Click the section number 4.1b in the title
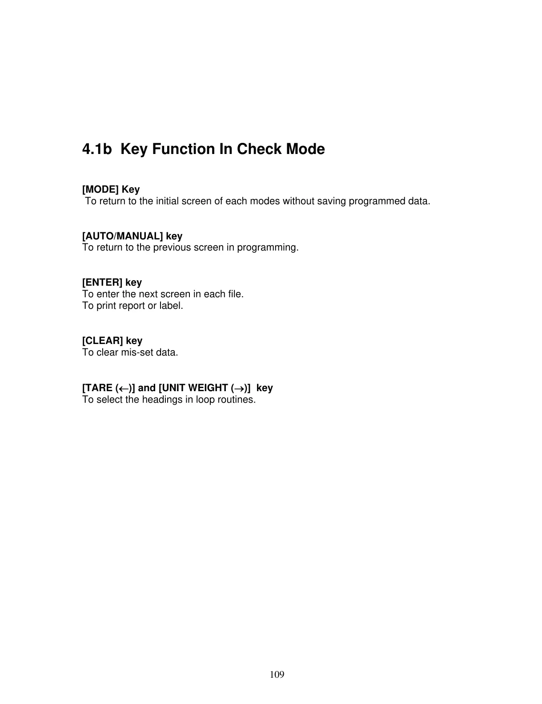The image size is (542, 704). coord(97,149)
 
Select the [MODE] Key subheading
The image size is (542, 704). coord(111,190)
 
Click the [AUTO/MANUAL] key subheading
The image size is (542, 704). coord(132,236)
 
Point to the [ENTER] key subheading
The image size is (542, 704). coord(112,283)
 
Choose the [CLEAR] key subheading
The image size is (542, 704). coord(112,341)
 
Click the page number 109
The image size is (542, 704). coord(277,675)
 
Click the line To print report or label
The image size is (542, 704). coord(132,306)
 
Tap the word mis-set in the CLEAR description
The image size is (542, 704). coord(136,353)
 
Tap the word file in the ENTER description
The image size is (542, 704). coord(236,295)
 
